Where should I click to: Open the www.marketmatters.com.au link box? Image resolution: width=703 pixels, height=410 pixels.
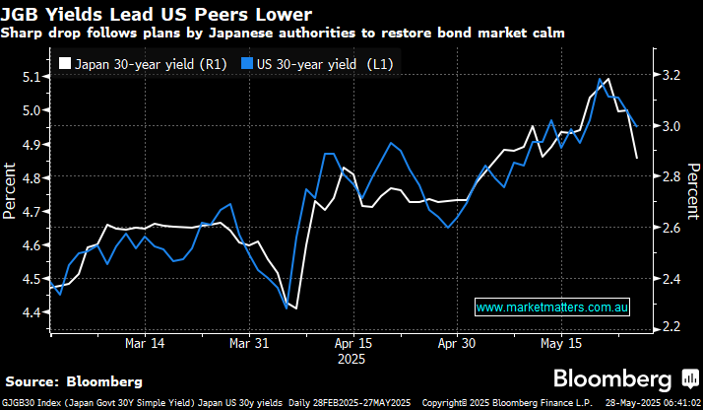pos(552,308)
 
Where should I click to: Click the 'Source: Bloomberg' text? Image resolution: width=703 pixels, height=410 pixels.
pos(74,380)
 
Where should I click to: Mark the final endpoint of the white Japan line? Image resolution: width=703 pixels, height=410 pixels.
pos(636,158)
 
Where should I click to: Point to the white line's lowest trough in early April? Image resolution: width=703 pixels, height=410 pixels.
pos(295,308)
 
